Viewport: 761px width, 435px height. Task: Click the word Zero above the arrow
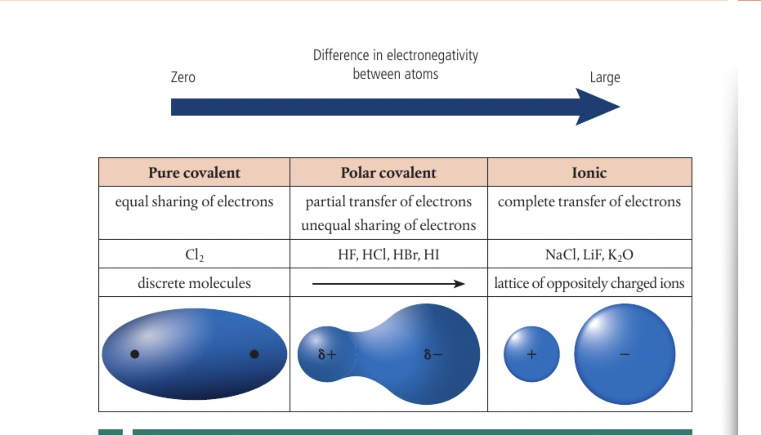(183, 77)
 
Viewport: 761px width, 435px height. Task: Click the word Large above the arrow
(605, 77)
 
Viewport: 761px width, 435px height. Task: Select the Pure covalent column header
(194, 173)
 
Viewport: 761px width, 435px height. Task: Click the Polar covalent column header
(388, 173)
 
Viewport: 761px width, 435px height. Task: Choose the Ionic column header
(589, 173)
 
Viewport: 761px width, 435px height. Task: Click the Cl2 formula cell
(194, 255)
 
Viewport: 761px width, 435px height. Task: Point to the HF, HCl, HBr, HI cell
(388, 255)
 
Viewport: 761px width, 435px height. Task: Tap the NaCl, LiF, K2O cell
(589, 255)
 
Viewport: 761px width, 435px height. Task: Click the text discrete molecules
(194, 283)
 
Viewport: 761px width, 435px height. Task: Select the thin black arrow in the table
(388, 283)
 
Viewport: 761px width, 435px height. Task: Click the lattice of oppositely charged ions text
(589, 283)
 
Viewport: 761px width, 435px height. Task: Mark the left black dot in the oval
(135, 354)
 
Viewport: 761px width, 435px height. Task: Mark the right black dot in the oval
(254, 354)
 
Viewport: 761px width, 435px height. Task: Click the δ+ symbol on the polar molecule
(327, 354)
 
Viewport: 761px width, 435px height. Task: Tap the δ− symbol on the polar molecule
(433, 354)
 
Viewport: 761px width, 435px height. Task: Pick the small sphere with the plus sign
(531, 354)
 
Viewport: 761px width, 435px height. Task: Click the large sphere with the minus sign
(625, 354)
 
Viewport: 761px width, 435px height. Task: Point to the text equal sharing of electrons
(194, 202)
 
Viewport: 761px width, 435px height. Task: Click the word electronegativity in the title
(432, 55)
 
